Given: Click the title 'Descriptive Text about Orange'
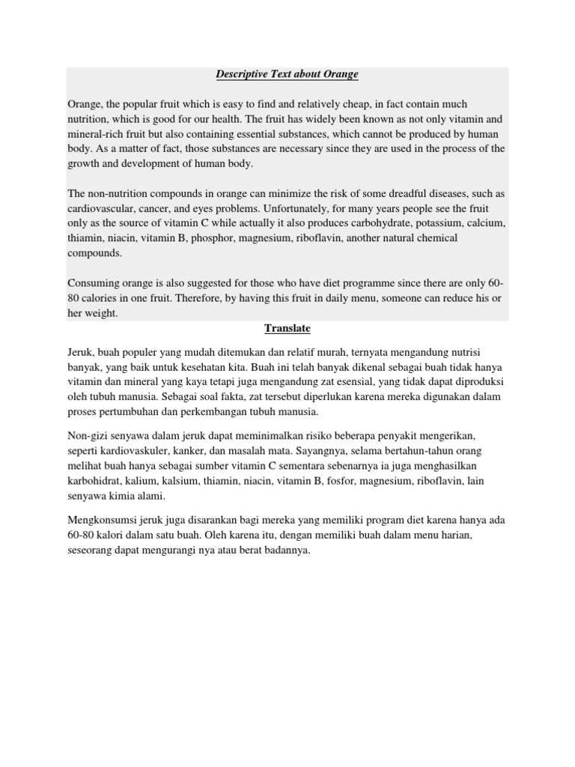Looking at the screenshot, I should (x=287, y=74).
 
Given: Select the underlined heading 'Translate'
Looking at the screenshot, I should (x=287, y=329).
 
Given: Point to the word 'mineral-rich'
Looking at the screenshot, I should (x=97, y=133).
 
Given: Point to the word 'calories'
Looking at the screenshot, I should (x=102, y=298).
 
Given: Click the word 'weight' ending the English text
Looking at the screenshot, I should (x=101, y=313).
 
